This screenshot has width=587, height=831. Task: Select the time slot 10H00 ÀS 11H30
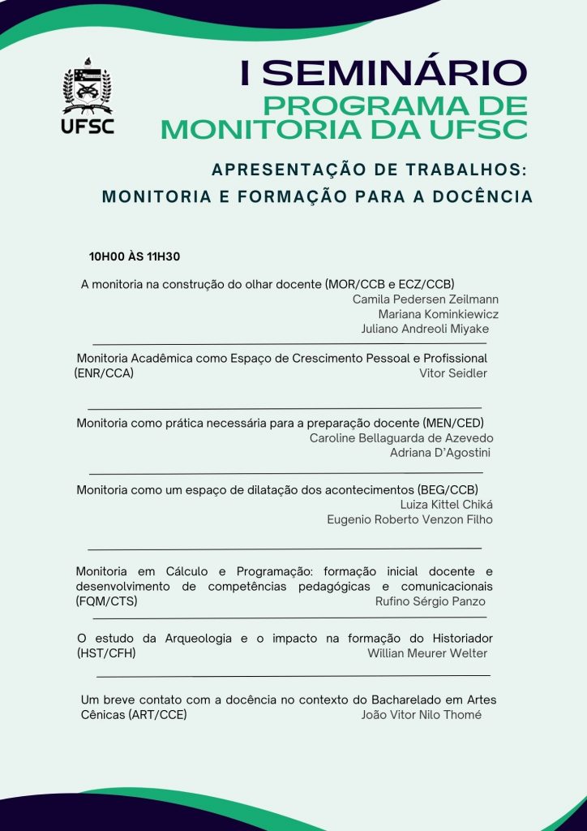click(135, 257)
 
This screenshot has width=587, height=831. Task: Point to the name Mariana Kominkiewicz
click(438, 314)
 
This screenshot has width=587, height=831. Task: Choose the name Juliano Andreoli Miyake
click(425, 329)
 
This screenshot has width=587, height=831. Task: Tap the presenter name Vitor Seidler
click(452, 373)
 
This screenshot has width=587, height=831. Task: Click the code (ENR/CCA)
click(104, 373)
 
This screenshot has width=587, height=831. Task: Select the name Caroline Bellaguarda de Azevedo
click(401, 438)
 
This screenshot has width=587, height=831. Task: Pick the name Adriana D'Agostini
click(440, 453)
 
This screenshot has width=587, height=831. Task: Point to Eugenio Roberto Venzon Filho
click(409, 519)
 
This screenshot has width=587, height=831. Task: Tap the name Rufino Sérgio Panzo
click(430, 601)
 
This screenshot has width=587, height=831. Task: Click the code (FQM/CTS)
click(106, 601)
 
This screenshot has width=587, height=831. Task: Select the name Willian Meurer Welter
click(427, 653)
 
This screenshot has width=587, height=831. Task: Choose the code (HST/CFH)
click(106, 653)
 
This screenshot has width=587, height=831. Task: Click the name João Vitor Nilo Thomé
click(421, 715)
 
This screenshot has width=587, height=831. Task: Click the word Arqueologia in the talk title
click(194, 639)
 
